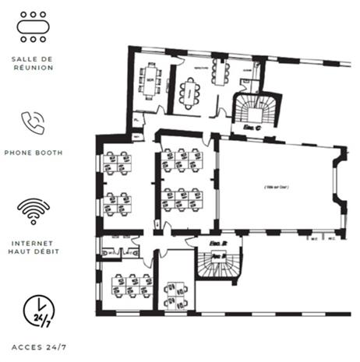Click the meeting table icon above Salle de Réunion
click(33, 27)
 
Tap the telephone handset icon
click(33, 122)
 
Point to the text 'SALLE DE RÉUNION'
click(33, 63)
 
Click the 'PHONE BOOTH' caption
click(33, 153)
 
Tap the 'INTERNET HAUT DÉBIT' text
click(33, 247)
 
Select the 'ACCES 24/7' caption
click(33, 344)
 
